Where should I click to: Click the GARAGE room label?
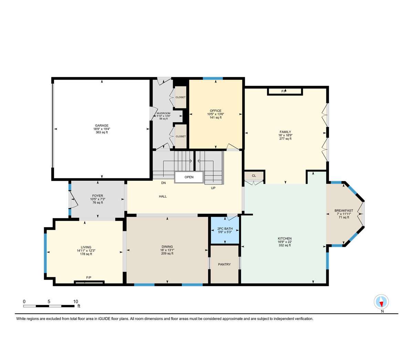(102, 125)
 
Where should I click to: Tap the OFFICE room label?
(215, 111)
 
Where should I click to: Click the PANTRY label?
(224, 264)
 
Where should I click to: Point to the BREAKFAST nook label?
(344, 211)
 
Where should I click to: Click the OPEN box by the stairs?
(189, 177)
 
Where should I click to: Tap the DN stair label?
(164, 183)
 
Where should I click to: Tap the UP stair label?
(213, 188)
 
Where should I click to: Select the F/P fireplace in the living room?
(89, 278)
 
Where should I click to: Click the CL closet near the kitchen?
(254, 176)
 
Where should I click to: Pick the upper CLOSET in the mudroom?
(181, 97)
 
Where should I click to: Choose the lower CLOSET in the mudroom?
(181, 136)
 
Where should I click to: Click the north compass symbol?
(382, 302)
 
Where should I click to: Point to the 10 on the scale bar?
(75, 301)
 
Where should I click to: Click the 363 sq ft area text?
(102, 132)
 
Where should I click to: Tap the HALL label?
(163, 197)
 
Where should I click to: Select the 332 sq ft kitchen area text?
(285, 245)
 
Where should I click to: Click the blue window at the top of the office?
(213, 78)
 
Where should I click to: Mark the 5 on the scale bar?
(49, 301)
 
